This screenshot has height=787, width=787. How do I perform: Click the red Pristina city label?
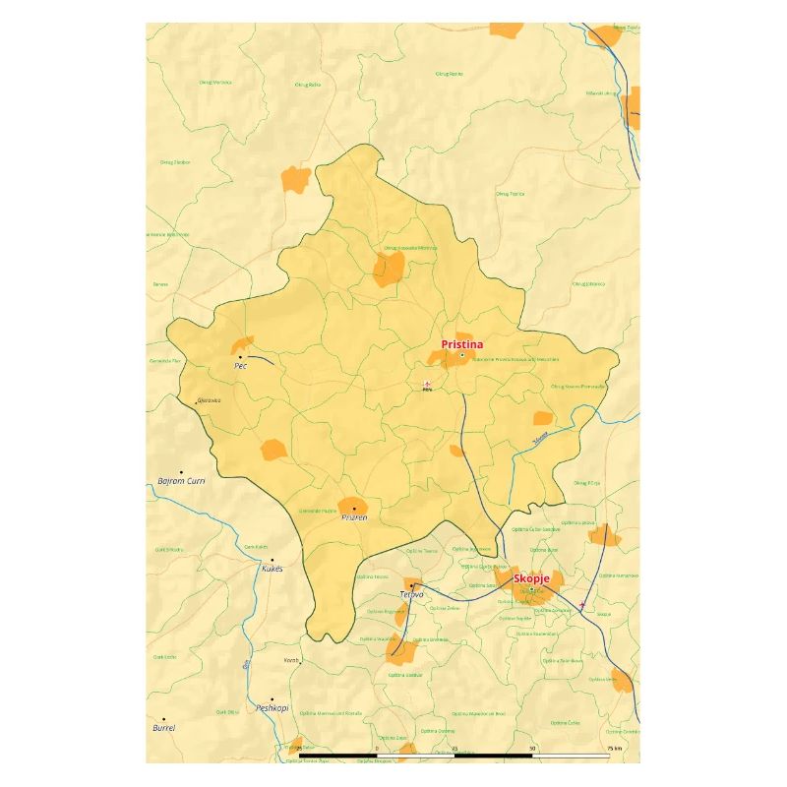coord(461,344)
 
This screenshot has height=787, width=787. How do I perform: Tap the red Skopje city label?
coord(531,578)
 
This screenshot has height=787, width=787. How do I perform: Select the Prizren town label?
coord(354,517)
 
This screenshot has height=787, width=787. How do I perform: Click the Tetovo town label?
coord(411,595)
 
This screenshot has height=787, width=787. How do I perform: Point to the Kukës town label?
coord(272,569)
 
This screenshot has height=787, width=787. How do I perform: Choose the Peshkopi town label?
coord(272,707)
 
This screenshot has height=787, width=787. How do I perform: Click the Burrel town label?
coord(163,728)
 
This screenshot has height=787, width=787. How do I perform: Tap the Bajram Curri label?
coord(181,481)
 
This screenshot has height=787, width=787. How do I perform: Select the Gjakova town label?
coord(209,400)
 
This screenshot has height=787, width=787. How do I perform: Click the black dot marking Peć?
coord(239,356)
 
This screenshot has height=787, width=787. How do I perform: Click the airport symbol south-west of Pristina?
coord(427,384)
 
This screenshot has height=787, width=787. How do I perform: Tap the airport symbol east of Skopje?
coord(583,604)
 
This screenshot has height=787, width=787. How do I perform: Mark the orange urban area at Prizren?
coord(353,505)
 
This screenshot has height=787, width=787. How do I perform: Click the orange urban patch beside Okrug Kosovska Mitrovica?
coord(388,270)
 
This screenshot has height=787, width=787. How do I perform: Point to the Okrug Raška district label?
coord(309,85)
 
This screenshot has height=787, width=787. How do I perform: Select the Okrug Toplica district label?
coord(510,194)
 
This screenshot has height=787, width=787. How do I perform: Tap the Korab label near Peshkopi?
coord(290,660)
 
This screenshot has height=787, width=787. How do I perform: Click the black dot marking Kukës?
coord(272,560)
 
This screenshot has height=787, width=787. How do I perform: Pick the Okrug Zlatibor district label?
coord(175,161)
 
